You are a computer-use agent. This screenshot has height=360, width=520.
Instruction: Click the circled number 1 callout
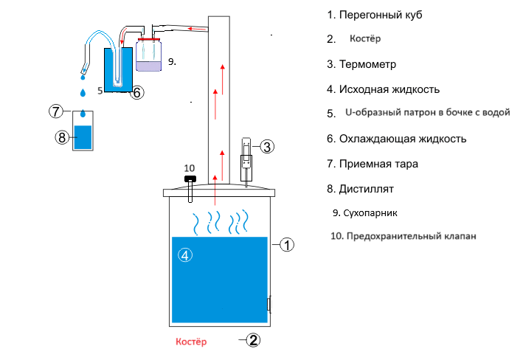point(287,245)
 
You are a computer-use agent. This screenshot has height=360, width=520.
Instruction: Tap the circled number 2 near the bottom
point(254,340)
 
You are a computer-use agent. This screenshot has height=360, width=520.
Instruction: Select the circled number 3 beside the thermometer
point(267,147)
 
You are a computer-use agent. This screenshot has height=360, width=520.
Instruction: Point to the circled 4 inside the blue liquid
point(185,255)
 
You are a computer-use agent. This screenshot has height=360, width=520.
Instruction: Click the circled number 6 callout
point(137,92)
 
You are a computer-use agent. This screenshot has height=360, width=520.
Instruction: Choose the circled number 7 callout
point(56,111)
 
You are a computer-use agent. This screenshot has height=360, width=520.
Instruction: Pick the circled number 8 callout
point(62,137)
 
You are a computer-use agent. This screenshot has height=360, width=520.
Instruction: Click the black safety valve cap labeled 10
point(190,179)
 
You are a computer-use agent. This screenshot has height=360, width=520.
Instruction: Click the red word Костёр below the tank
point(191,342)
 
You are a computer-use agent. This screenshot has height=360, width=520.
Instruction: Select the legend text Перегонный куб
point(381,15)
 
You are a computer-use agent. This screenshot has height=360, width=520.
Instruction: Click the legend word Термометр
point(367,64)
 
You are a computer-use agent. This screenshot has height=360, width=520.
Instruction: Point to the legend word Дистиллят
point(366,189)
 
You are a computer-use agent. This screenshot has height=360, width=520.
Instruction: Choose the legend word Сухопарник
point(370,213)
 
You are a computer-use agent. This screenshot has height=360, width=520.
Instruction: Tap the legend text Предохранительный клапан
point(412,236)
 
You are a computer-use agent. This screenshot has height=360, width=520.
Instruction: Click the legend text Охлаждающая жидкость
point(403,139)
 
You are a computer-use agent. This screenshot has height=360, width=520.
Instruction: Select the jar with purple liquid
point(149,55)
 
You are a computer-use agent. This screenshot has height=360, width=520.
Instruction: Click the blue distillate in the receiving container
point(83,137)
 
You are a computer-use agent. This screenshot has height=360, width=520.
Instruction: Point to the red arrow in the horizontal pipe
point(197,30)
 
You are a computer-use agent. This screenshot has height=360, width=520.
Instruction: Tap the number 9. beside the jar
point(172,61)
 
